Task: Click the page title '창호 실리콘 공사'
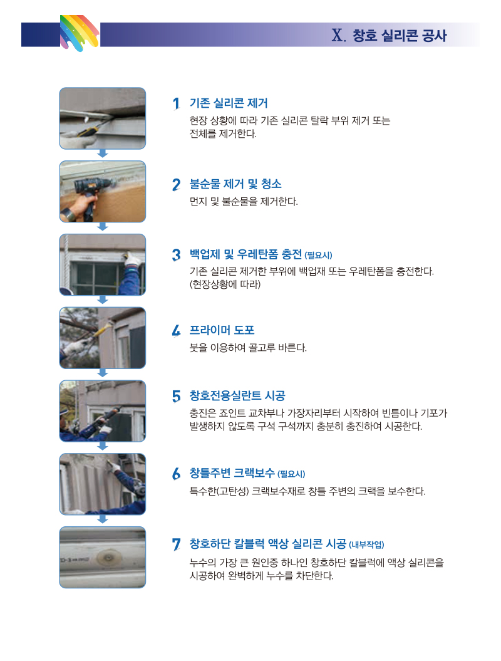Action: point(399,36)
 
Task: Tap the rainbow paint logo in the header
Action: point(80,33)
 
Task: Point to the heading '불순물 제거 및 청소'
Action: point(235,184)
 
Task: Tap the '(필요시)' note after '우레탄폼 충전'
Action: point(318,256)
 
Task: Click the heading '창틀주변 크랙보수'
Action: point(232,473)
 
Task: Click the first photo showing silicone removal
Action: point(103,118)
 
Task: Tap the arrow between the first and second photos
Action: point(103,154)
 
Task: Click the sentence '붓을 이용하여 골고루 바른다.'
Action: point(248,348)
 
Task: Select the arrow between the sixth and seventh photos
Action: point(103,519)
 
